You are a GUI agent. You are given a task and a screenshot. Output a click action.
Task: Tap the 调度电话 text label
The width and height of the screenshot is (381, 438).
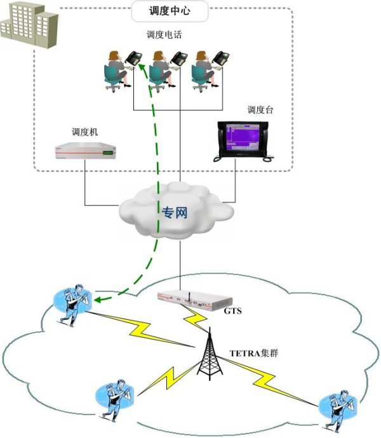coord(164,36)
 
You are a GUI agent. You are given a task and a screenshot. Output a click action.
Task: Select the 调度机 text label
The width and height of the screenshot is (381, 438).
coord(84,131)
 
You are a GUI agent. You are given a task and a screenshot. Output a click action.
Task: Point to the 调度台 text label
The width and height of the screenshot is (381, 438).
coord(260,110)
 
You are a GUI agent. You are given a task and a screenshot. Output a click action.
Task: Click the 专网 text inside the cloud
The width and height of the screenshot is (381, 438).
coord(174,212)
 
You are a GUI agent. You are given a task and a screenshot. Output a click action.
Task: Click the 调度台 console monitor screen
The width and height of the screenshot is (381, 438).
coord(244,136)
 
